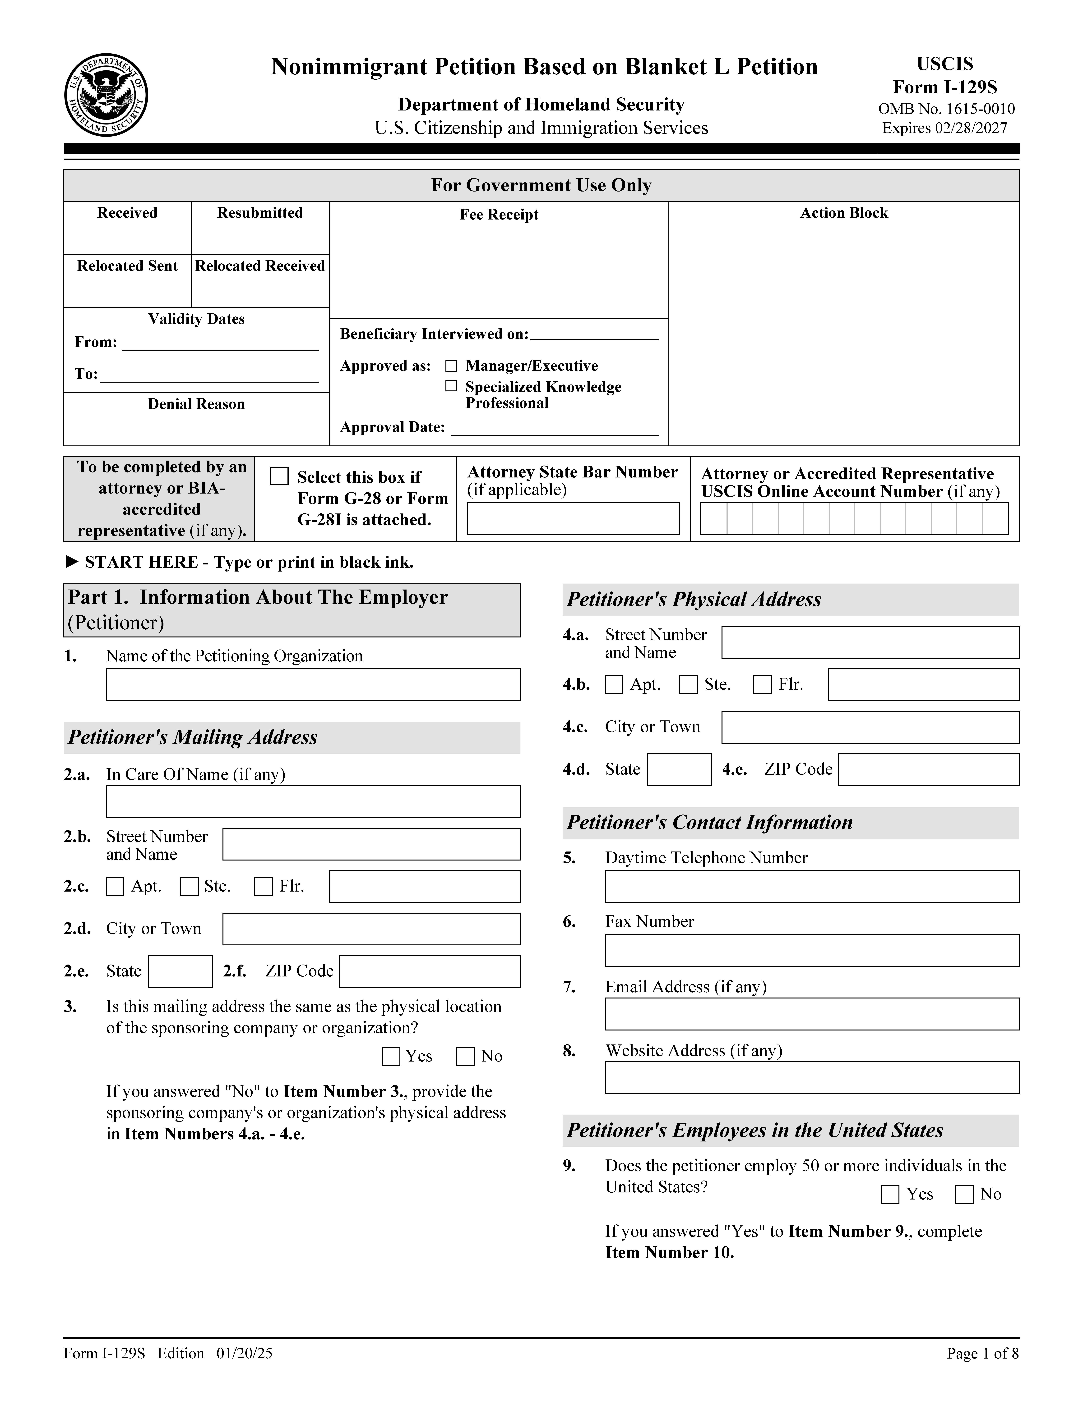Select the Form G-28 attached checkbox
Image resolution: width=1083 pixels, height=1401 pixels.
(x=279, y=476)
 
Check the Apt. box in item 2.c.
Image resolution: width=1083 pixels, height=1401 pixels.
(x=115, y=887)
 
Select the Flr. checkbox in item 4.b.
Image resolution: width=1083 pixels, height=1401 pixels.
(x=762, y=684)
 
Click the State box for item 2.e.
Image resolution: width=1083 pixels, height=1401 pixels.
(x=180, y=971)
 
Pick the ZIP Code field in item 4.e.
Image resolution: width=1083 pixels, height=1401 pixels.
(x=928, y=769)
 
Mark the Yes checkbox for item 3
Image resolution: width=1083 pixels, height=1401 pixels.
(x=391, y=1057)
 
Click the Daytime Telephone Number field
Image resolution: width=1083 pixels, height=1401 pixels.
(x=812, y=887)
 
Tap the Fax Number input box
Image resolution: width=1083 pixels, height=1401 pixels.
(x=812, y=950)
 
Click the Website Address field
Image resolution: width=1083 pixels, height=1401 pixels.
(x=812, y=1078)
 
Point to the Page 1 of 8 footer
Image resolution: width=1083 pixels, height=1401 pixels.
(x=982, y=1354)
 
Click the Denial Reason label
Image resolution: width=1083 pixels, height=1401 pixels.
(x=196, y=404)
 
